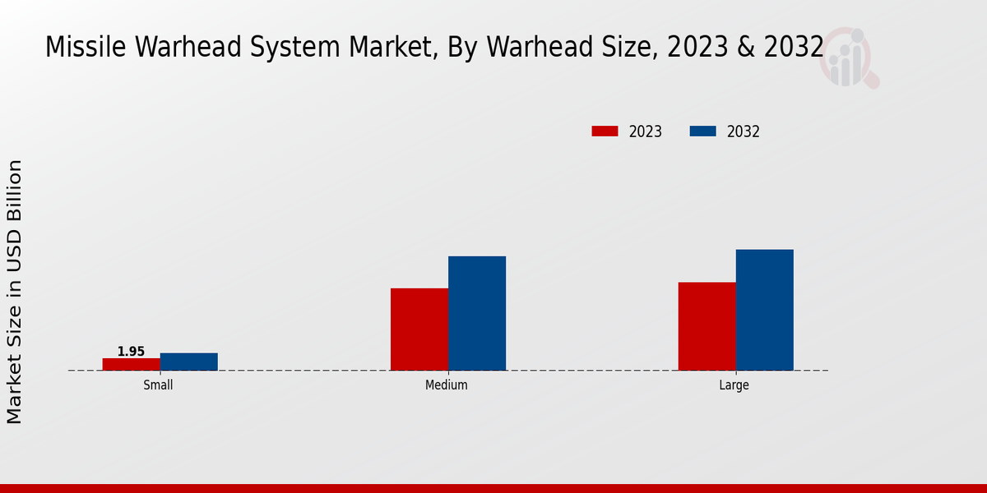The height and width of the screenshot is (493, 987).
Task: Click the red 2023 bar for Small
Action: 132,364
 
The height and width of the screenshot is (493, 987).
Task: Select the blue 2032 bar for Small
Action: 189,362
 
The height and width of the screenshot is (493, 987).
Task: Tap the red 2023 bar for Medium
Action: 419,329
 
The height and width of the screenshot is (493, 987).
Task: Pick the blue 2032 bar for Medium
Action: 477,313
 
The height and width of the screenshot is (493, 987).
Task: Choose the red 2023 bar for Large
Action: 707,326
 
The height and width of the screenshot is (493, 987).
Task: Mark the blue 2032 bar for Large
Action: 765,310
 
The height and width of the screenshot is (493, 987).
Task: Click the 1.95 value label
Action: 131,352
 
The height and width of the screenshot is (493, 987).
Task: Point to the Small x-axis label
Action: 158,385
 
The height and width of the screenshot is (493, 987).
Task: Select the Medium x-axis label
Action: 447,385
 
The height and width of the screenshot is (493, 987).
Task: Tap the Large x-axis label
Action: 734,385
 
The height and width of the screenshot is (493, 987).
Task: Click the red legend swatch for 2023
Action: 605,131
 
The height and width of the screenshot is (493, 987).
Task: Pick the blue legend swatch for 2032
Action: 702,131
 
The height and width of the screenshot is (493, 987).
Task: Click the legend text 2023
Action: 646,131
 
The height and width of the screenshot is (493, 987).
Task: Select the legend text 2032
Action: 744,131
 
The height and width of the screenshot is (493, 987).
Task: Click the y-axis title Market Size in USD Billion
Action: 15,292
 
